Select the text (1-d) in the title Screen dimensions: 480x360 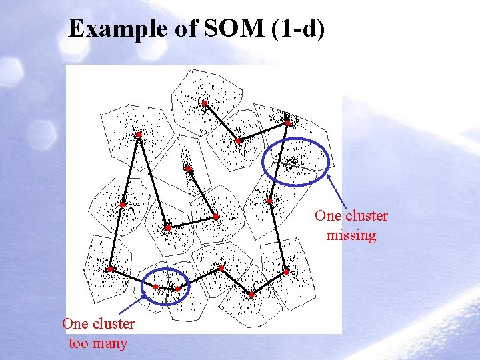298,29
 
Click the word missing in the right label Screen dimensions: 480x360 351,235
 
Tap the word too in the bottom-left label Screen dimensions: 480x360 79,343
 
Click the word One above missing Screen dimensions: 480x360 328,215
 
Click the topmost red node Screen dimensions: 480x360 205,103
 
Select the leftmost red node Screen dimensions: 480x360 110,269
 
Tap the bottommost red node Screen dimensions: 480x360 252,295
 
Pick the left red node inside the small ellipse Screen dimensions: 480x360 155,287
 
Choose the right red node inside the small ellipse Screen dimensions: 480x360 178,289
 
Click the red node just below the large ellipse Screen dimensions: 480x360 269,201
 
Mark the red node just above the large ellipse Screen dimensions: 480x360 287,123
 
